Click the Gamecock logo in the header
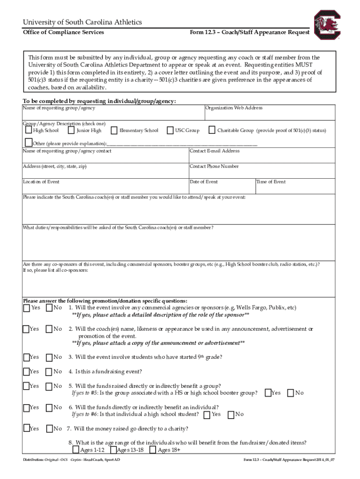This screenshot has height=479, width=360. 328,25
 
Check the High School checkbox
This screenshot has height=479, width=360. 29,130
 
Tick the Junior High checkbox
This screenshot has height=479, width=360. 72,130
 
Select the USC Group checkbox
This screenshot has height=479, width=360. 170,130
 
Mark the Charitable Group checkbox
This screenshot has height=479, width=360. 212,130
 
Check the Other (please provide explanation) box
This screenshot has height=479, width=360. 28,143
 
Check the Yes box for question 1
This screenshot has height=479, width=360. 27,308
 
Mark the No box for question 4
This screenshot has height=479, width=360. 49,371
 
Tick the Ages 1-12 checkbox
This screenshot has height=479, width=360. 76,450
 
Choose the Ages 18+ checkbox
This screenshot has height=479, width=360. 153,450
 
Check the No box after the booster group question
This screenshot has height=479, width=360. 290,393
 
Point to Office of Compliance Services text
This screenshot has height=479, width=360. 64,32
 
